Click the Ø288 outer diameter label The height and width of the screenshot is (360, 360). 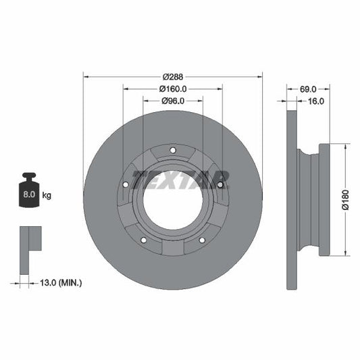point(172,76)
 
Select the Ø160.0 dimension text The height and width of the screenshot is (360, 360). point(172,88)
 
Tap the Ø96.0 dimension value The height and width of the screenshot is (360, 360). point(172,101)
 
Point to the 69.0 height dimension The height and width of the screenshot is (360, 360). point(308,88)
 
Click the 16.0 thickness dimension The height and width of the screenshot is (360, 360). point(316,101)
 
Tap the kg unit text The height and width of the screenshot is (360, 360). point(47,195)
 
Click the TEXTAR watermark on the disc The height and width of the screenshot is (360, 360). point(180,180)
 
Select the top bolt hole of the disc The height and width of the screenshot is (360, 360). point(172,150)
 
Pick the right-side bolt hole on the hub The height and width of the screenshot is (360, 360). point(220,184)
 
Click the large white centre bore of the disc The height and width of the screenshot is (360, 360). point(172,203)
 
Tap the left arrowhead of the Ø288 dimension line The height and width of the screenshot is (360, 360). point(86,76)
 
